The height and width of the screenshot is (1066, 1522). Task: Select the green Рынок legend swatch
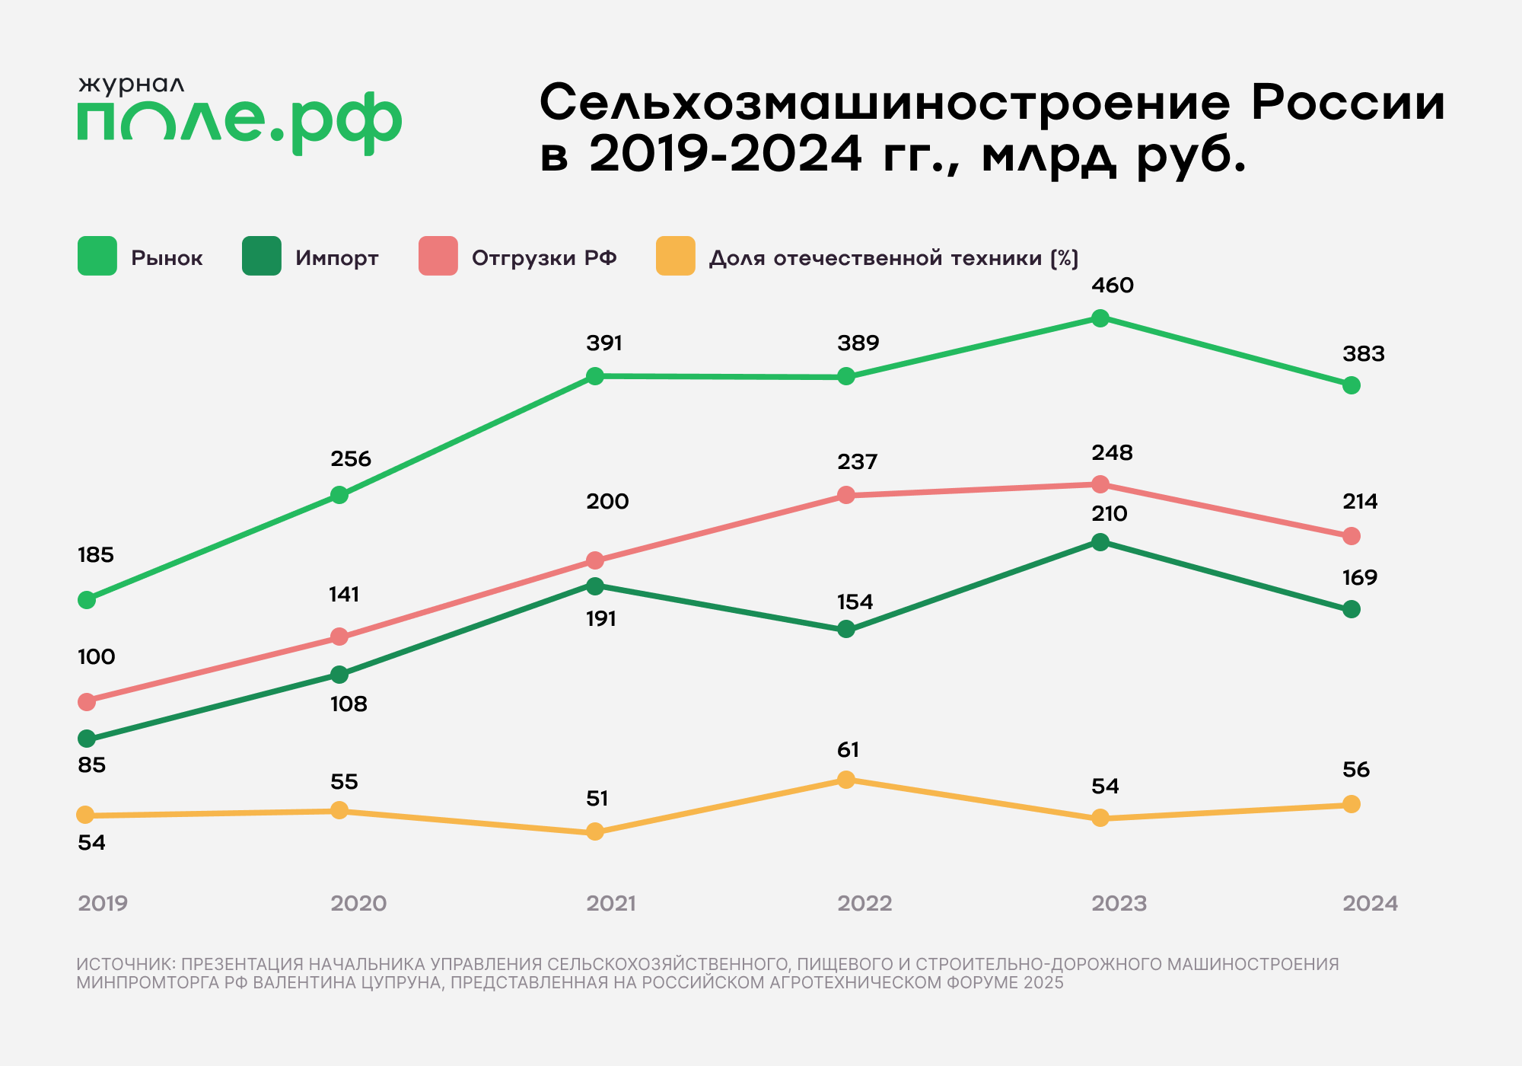(97, 256)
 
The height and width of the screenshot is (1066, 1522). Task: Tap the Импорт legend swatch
(262, 256)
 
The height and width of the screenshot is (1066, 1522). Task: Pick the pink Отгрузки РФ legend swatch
(438, 256)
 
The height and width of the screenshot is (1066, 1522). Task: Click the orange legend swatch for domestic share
(676, 256)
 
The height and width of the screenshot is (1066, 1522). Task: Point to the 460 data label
(1113, 286)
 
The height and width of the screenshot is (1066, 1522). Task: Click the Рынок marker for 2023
(1100, 318)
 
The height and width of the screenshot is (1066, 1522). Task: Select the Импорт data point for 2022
(846, 630)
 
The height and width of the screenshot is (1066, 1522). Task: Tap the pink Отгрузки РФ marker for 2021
(595, 560)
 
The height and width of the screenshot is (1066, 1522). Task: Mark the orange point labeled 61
(846, 780)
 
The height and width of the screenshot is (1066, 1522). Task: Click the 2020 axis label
(358, 904)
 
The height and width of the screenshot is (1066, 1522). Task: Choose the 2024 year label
(1370, 904)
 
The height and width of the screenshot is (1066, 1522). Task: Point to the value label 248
(1113, 453)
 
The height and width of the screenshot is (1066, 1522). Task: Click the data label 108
(349, 704)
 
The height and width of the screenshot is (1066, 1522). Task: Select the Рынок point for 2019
(87, 600)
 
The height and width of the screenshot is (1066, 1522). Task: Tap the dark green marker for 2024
(1352, 609)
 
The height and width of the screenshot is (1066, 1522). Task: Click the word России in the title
(1348, 103)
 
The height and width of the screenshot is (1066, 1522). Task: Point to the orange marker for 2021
(595, 831)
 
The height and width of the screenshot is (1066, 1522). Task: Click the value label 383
(1364, 354)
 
